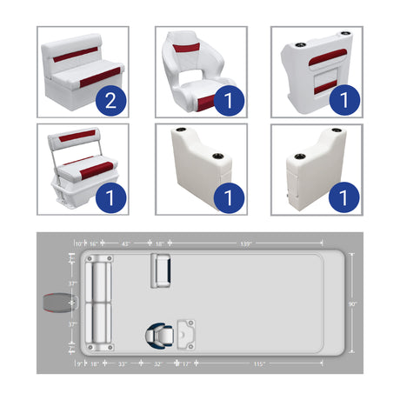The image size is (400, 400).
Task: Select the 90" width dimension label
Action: coord(352,303)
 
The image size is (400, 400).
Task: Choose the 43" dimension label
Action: coord(125,244)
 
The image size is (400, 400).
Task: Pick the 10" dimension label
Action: coord(79,244)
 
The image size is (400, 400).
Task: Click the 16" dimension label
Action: coord(95,244)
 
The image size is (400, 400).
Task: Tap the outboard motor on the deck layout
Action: coord(55,303)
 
